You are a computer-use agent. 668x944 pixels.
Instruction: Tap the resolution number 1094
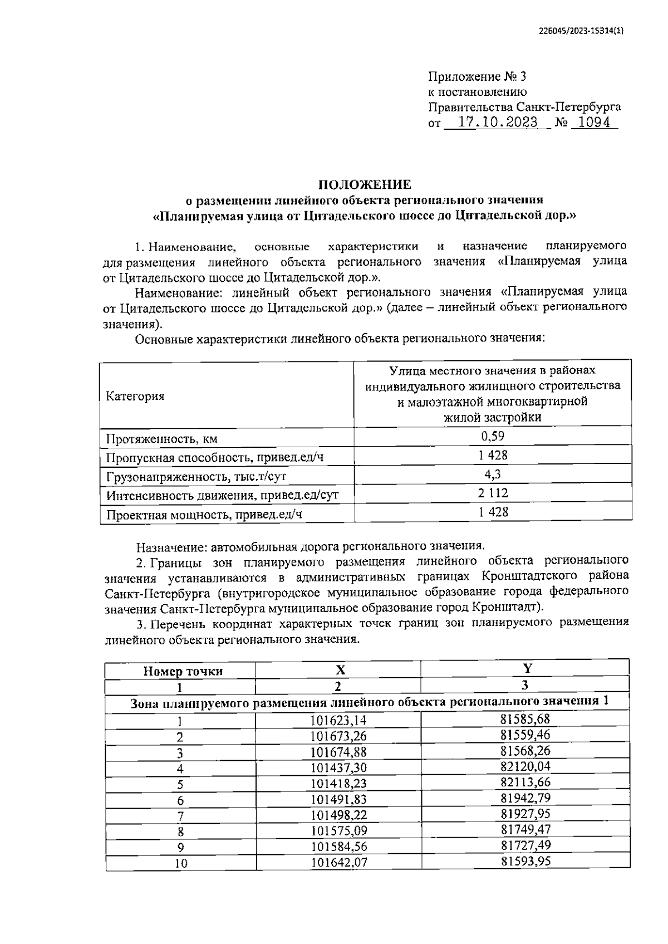593,123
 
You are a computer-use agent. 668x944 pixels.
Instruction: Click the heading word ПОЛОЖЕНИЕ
365,185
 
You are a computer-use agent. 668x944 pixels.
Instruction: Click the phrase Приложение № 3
477,76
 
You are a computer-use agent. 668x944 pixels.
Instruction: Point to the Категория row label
135,396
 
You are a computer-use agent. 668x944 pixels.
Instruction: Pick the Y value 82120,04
525,766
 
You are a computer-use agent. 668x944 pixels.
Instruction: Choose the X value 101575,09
338,831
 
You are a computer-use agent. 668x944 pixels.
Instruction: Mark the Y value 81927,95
525,814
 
